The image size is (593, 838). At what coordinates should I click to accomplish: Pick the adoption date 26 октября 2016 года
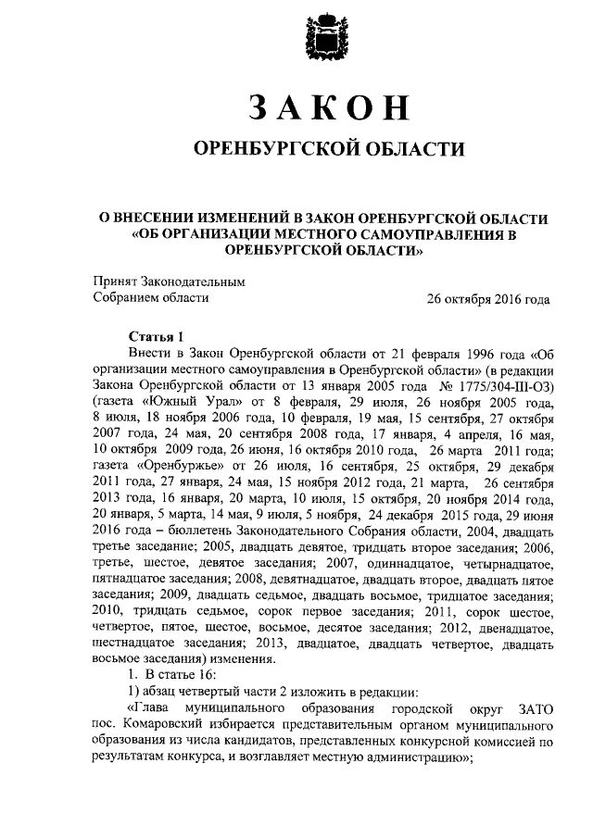487,298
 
